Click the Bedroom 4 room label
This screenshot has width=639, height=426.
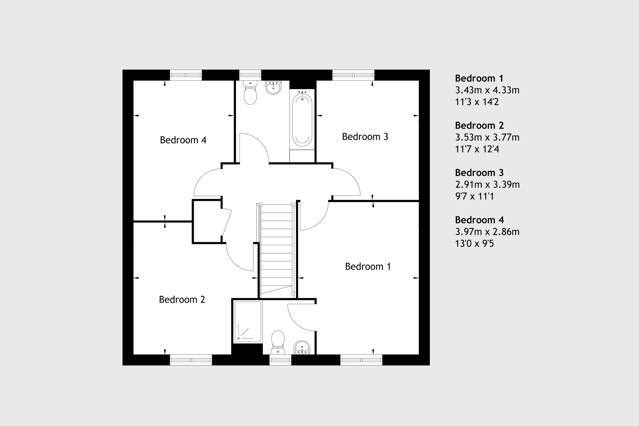point(183,140)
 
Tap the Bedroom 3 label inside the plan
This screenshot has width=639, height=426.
point(365,137)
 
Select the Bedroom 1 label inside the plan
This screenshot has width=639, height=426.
point(368,266)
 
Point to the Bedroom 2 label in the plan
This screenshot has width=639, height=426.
point(182,300)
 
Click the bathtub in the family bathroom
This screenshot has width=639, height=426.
point(302,119)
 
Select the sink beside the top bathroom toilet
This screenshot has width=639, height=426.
point(273,87)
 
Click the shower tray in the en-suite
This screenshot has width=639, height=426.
point(248,322)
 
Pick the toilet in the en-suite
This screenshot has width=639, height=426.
point(278,342)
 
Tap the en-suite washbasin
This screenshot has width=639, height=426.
point(302,348)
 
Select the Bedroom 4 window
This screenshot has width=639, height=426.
point(186,75)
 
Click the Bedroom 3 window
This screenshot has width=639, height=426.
point(353,75)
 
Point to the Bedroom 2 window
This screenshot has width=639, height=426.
point(191,360)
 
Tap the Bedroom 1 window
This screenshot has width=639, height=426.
point(361,360)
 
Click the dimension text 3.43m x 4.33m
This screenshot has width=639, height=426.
point(487,90)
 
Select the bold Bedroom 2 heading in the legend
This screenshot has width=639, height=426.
point(479,125)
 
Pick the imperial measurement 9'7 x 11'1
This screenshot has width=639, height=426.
point(474,197)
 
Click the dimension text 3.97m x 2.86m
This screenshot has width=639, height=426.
point(487,232)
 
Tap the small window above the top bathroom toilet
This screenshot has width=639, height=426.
point(250,75)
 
